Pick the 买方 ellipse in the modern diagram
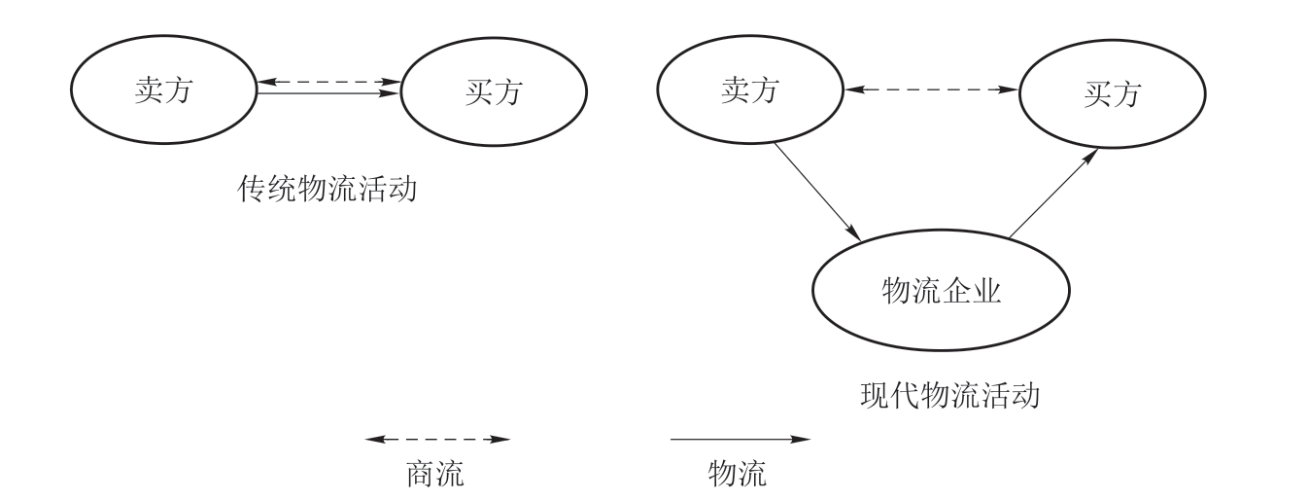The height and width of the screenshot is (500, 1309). pyautogui.click(x=1111, y=93)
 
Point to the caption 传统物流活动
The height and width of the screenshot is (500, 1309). pyautogui.click(x=327, y=187)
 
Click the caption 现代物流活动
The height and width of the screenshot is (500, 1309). pyautogui.click(x=949, y=396)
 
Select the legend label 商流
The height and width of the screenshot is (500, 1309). pyautogui.click(x=433, y=474)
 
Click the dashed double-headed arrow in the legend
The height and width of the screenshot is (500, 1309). pyautogui.click(x=437, y=440)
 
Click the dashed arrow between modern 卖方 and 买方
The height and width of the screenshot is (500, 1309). pyautogui.click(x=931, y=90)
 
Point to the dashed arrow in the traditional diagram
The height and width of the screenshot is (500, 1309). pyautogui.click(x=328, y=81)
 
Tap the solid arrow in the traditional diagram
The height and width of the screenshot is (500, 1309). pyautogui.click(x=328, y=93)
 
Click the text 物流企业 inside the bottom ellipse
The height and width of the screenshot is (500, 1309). pyautogui.click(x=940, y=290)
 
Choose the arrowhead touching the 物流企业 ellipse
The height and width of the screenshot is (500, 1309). pyautogui.click(x=855, y=234)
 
